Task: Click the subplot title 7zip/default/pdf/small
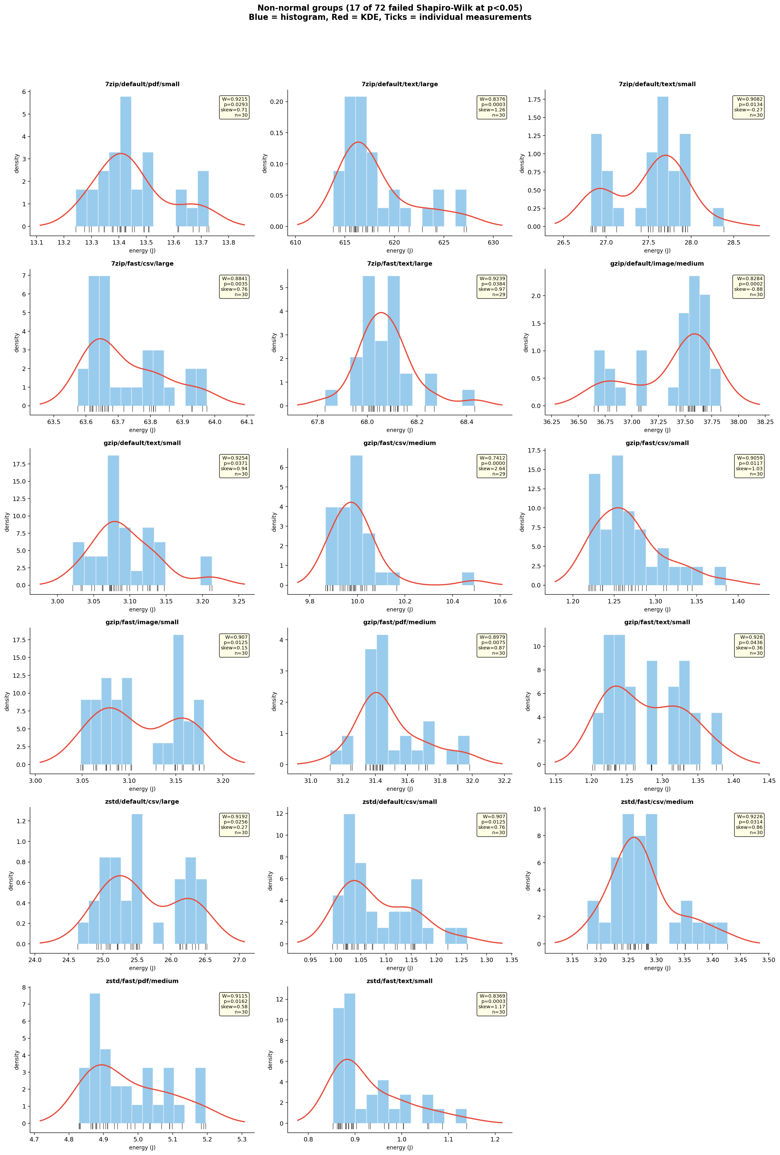142,84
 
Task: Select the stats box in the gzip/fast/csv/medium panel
492,466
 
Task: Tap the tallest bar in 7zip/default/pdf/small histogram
126,162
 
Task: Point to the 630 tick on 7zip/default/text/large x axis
493,243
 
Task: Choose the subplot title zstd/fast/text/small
399,981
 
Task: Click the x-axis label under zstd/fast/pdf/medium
142,1147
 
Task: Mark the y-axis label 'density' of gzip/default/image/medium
526,342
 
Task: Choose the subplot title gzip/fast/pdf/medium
399,622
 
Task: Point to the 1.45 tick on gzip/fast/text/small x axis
769,780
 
